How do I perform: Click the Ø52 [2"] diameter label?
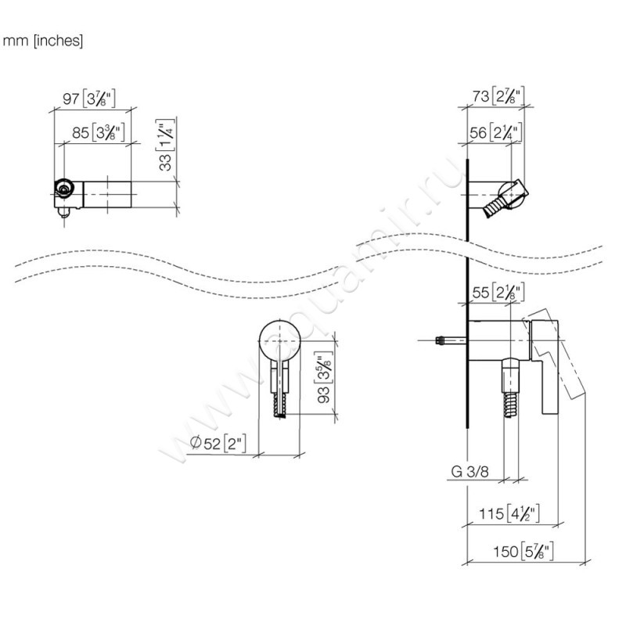218,444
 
